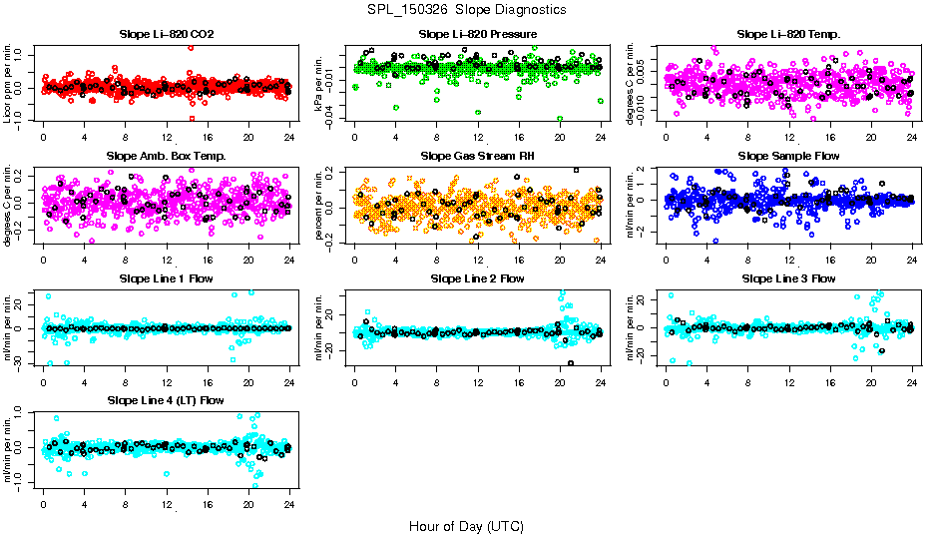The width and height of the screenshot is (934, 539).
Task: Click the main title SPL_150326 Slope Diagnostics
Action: (x=466, y=9)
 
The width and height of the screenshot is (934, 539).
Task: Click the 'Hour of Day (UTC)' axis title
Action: (x=466, y=525)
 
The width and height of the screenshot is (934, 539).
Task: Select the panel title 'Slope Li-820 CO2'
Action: (x=166, y=34)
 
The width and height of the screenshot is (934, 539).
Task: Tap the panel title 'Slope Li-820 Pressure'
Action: (x=477, y=34)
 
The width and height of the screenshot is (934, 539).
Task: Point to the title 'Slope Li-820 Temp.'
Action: (x=788, y=34)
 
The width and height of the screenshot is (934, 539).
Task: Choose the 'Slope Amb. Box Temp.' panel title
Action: (x=166, y=156)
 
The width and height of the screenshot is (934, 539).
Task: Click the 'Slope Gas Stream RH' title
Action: (x=477, y=156)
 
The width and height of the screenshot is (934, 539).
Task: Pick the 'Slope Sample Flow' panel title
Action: (x=788, y=156)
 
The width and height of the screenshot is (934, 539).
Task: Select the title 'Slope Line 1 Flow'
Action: (x=166, y=277)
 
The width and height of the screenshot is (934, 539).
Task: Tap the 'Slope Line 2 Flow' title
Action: (x=477, y=277)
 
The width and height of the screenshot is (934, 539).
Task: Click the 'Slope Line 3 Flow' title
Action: (x=788, y=277)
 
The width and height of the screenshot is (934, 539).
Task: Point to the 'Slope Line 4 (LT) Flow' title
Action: (x=166, y=400)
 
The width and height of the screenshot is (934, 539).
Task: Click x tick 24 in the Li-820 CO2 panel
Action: (x=289, y=137)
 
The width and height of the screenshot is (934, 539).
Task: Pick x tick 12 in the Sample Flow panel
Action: (x=789, y=259)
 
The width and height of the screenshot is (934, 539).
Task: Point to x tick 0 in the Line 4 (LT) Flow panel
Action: (x=43, y=503)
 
